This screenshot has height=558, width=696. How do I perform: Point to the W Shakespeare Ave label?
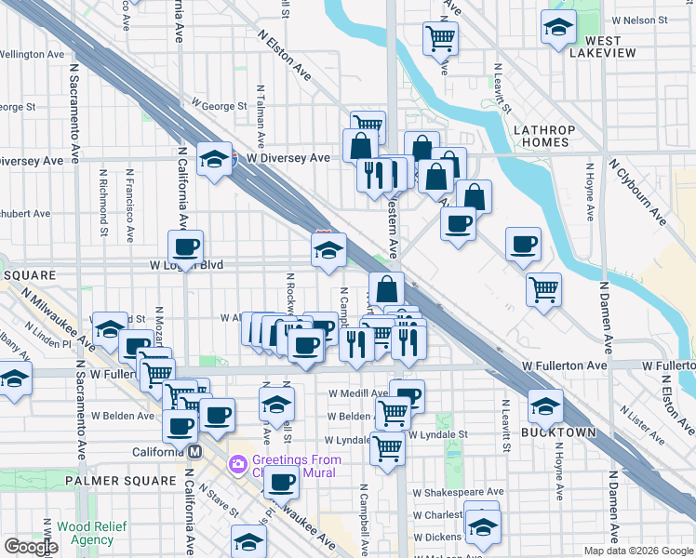pyautogui.click(x=458, y=491)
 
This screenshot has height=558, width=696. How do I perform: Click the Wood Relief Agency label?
pyautogui.click(x=86, y=533)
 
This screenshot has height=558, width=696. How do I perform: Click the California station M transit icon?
pyautogui.click(x=195, y=452)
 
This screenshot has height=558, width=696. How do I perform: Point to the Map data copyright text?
pyautogui.click(x=638, y=551)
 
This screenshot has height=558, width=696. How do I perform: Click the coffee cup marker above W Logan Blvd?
pyautogui.click(x=185, y=246)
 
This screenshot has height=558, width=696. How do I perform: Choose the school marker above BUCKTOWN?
pyautogui.click(x=545, y=405)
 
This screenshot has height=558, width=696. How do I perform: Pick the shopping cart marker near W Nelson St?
pyautogui.click(x=440, y=38)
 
